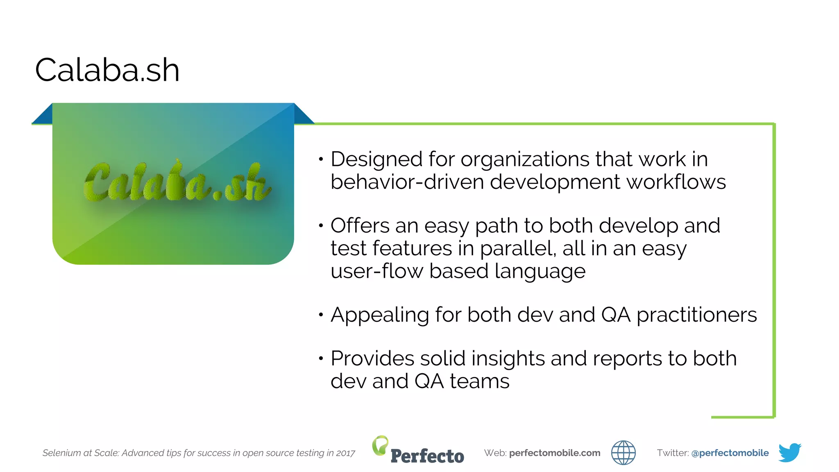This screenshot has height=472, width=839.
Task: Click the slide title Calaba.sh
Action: [107, 70]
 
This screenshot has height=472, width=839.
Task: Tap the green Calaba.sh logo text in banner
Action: [177, 182]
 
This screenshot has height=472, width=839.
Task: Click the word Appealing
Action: [379, 315]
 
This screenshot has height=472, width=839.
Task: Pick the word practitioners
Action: [696, 315]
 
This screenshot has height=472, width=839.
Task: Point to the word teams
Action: [479, 381]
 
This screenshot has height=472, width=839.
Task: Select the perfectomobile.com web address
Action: [555, 453]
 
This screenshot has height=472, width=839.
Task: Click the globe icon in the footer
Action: [623, 453]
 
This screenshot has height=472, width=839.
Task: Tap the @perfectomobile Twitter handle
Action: [730, 453]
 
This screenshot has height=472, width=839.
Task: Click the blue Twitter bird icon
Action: [789, 452]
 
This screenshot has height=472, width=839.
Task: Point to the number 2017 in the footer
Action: [345, 453]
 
